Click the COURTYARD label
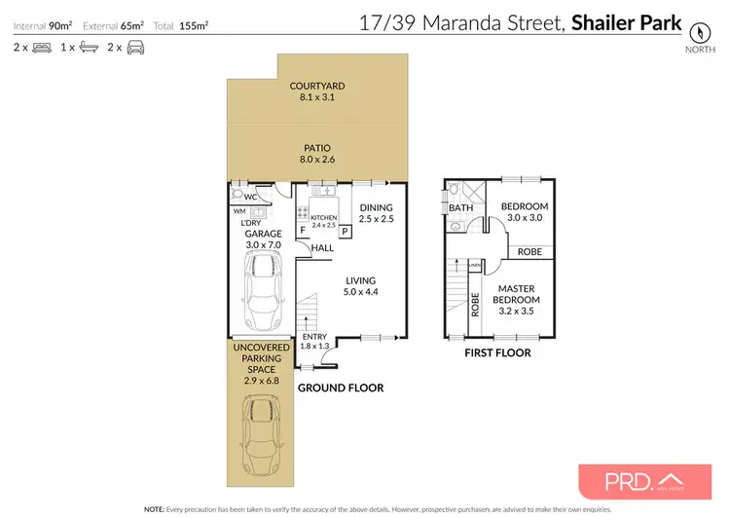point(317,92)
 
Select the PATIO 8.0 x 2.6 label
point(317,154)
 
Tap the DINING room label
point(376,213)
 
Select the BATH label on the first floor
point(459,206)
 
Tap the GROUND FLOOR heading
point(340,388)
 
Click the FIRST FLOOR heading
point(497,352)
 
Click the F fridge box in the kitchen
point(302,231)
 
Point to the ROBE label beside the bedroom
point(529,251)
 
